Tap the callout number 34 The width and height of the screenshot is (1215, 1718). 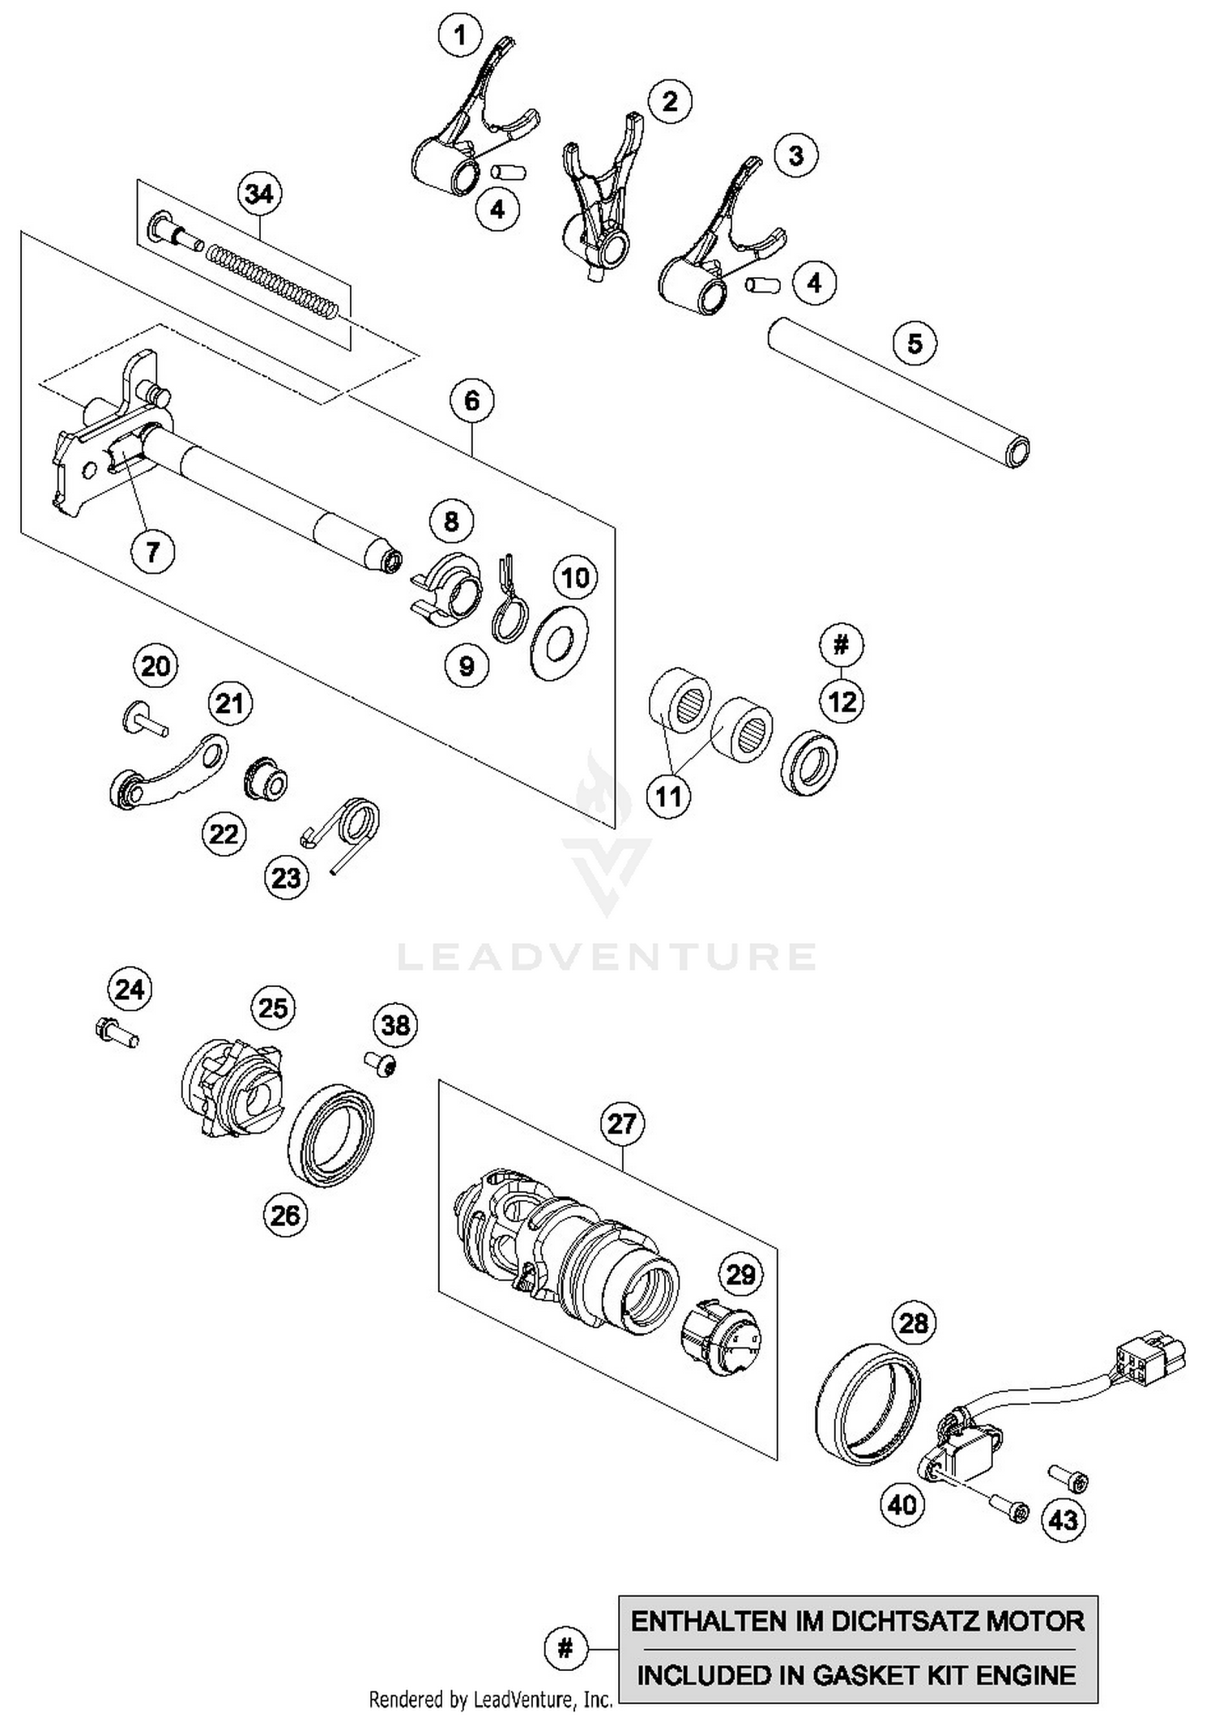coord(259,194)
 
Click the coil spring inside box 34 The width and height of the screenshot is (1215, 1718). coord(271,280)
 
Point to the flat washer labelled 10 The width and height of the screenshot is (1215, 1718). coord(559,643)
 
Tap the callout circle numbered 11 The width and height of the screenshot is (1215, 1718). coord(668,797)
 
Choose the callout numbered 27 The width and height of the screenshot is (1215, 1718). coord(622,1124)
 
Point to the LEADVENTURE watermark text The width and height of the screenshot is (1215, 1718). coord(607,956)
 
